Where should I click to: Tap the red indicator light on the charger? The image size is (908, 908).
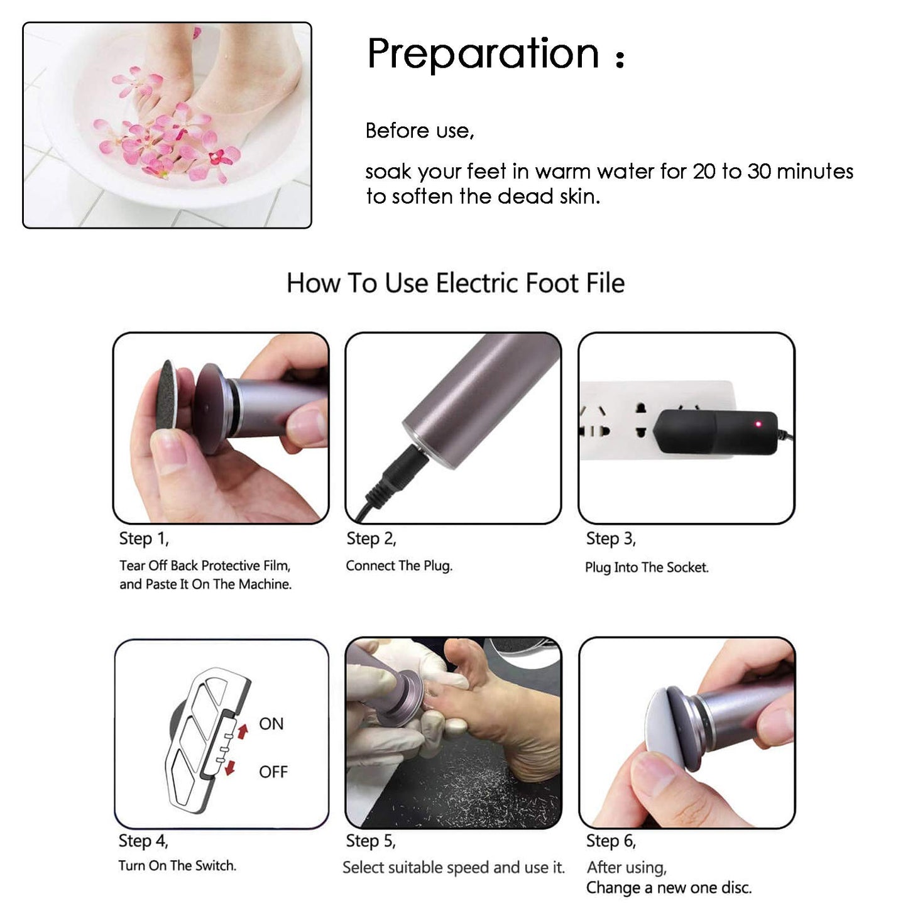(x=758, y=424)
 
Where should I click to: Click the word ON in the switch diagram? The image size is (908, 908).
(x=271, y=724)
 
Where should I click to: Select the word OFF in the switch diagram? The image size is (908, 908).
(x=273, y=772)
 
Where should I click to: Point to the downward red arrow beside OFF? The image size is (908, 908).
(x=231, y=767)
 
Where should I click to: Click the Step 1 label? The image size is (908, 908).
(x=144, y=539)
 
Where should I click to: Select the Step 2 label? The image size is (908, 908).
(x=371, y=539)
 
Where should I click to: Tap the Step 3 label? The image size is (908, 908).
(x=611, y=539)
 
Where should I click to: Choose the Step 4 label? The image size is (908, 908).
(x=143, y=841)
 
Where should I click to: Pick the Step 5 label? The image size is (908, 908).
(x=371, y=841)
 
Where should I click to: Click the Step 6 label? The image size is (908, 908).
(x=611, y=841)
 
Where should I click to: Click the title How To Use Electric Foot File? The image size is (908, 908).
(x=456, y=283)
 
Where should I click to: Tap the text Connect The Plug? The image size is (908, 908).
(x=399, y=566)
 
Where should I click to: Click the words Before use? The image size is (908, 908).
(x=419, y=131)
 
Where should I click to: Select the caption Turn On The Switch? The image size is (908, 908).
(x=177, y=866)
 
